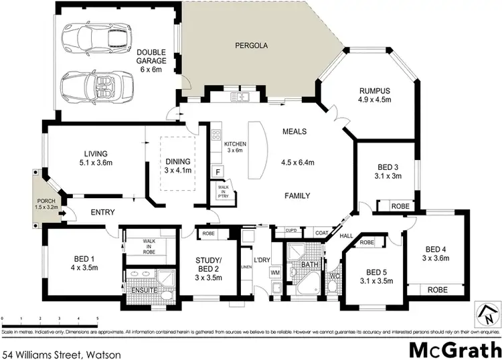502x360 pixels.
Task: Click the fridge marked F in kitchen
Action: click(x=218, y=172)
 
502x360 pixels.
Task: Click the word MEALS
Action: click(x=295, y=131)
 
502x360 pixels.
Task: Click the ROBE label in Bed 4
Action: click(x=438, y=290)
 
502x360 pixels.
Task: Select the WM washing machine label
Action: click(x=274, y=272)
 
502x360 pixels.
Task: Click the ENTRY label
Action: click(x=100, y=213)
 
